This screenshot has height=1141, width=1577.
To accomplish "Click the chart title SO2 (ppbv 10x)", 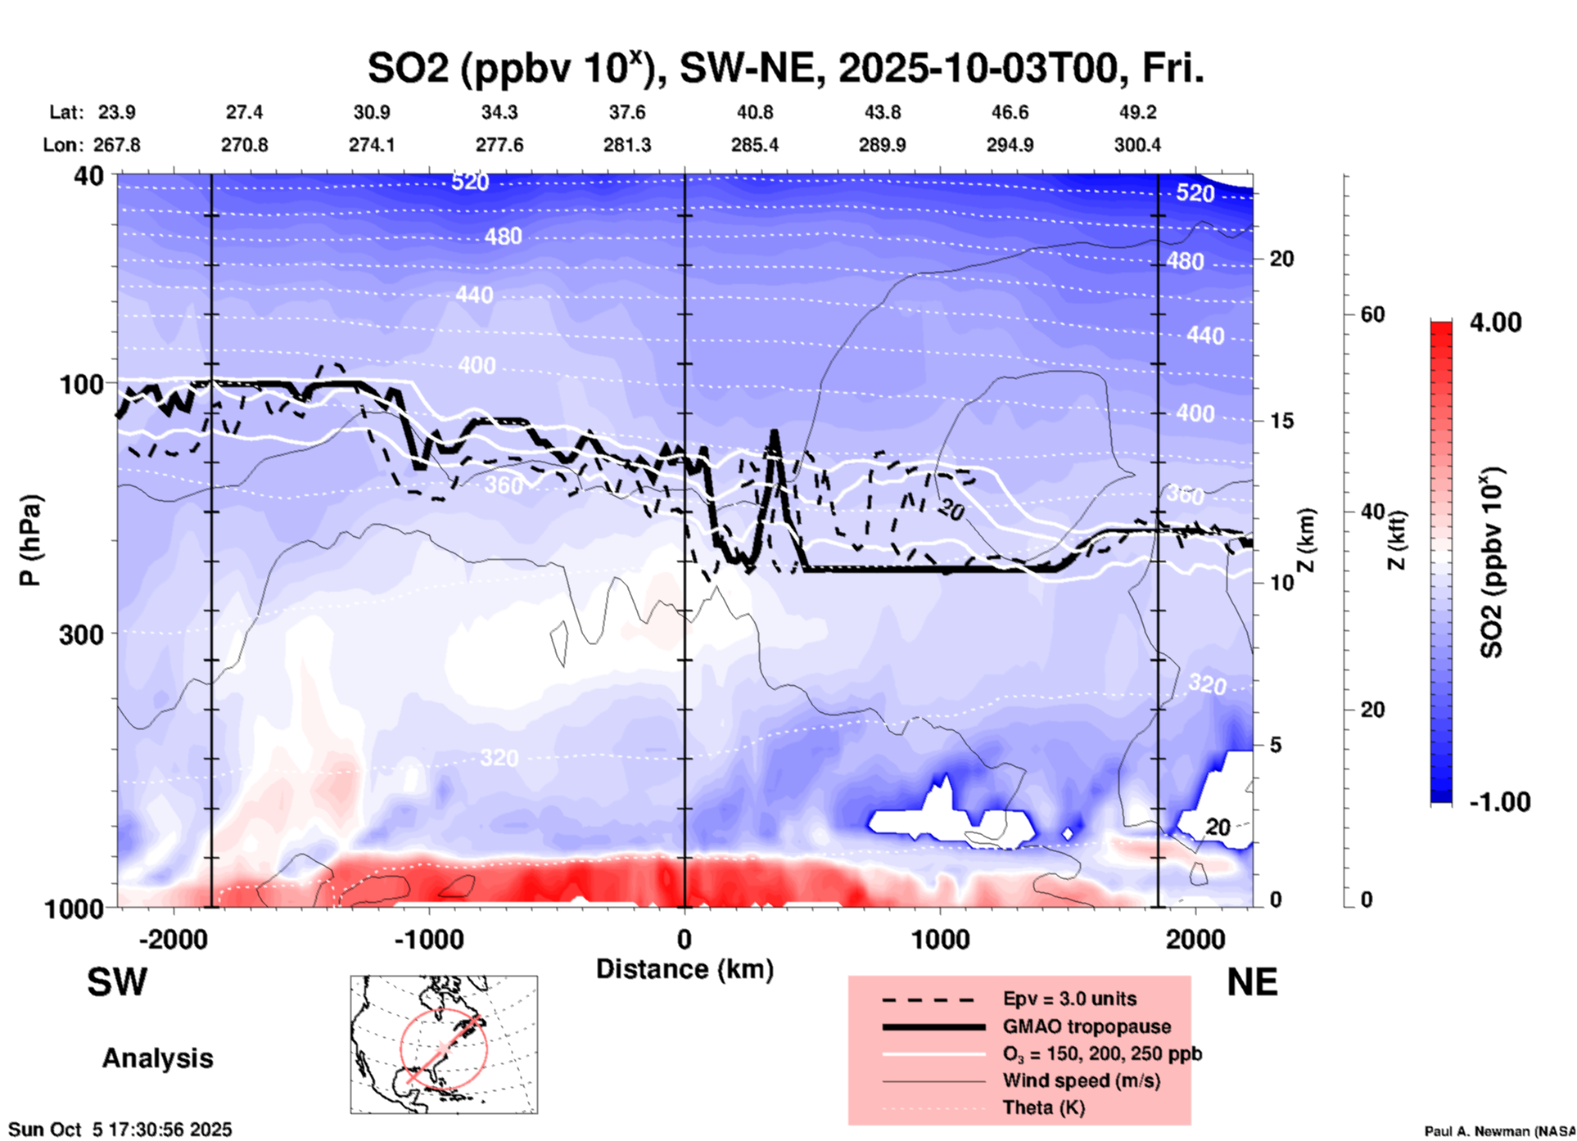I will coord(785,69).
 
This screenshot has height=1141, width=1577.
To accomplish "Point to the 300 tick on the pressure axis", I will coord(81,634).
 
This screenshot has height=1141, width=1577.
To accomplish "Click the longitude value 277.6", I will coord(499,145).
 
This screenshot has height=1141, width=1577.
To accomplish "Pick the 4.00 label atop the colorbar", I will coord(1495,322).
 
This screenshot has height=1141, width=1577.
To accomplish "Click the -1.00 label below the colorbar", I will coord(1499,802).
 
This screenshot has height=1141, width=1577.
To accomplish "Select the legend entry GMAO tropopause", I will coord(1087,1026).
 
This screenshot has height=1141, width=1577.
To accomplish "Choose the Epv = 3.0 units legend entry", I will coord(1069,999).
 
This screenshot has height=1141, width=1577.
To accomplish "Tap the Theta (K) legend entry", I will coord(1043,1107).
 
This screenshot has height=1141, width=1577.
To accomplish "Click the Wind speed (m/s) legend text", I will coord(1081,1080).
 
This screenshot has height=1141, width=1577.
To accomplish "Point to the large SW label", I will coord(117,982).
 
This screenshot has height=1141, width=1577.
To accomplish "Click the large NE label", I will coord(1252,982).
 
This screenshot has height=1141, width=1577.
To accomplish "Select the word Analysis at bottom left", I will coord(157,1058).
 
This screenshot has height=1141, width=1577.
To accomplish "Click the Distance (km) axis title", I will coord(685,969).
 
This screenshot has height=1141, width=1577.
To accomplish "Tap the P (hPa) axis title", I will coord(30,540).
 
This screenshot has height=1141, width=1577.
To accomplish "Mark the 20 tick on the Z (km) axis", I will coord(1281,259).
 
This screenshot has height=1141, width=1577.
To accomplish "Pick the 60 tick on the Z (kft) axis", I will coord(1372,314).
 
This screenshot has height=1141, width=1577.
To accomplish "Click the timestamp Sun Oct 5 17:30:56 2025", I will coord(120,1130).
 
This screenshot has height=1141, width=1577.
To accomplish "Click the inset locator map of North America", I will coord(444,1044).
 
